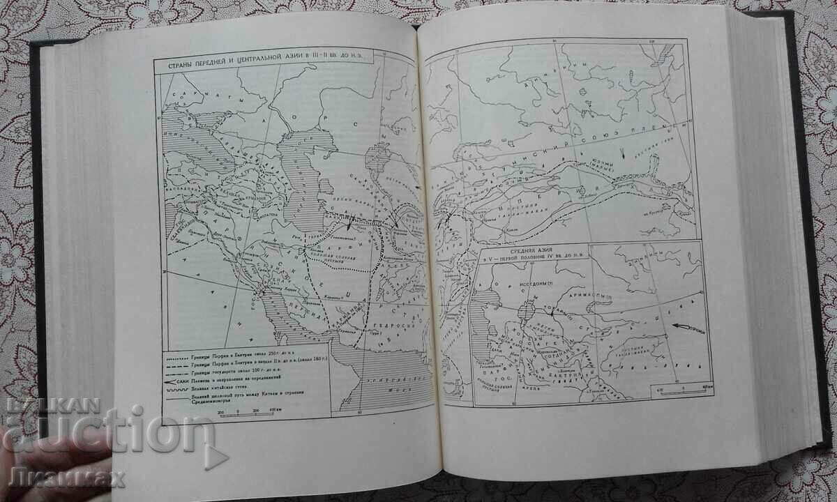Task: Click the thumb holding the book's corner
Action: click(42, 474)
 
